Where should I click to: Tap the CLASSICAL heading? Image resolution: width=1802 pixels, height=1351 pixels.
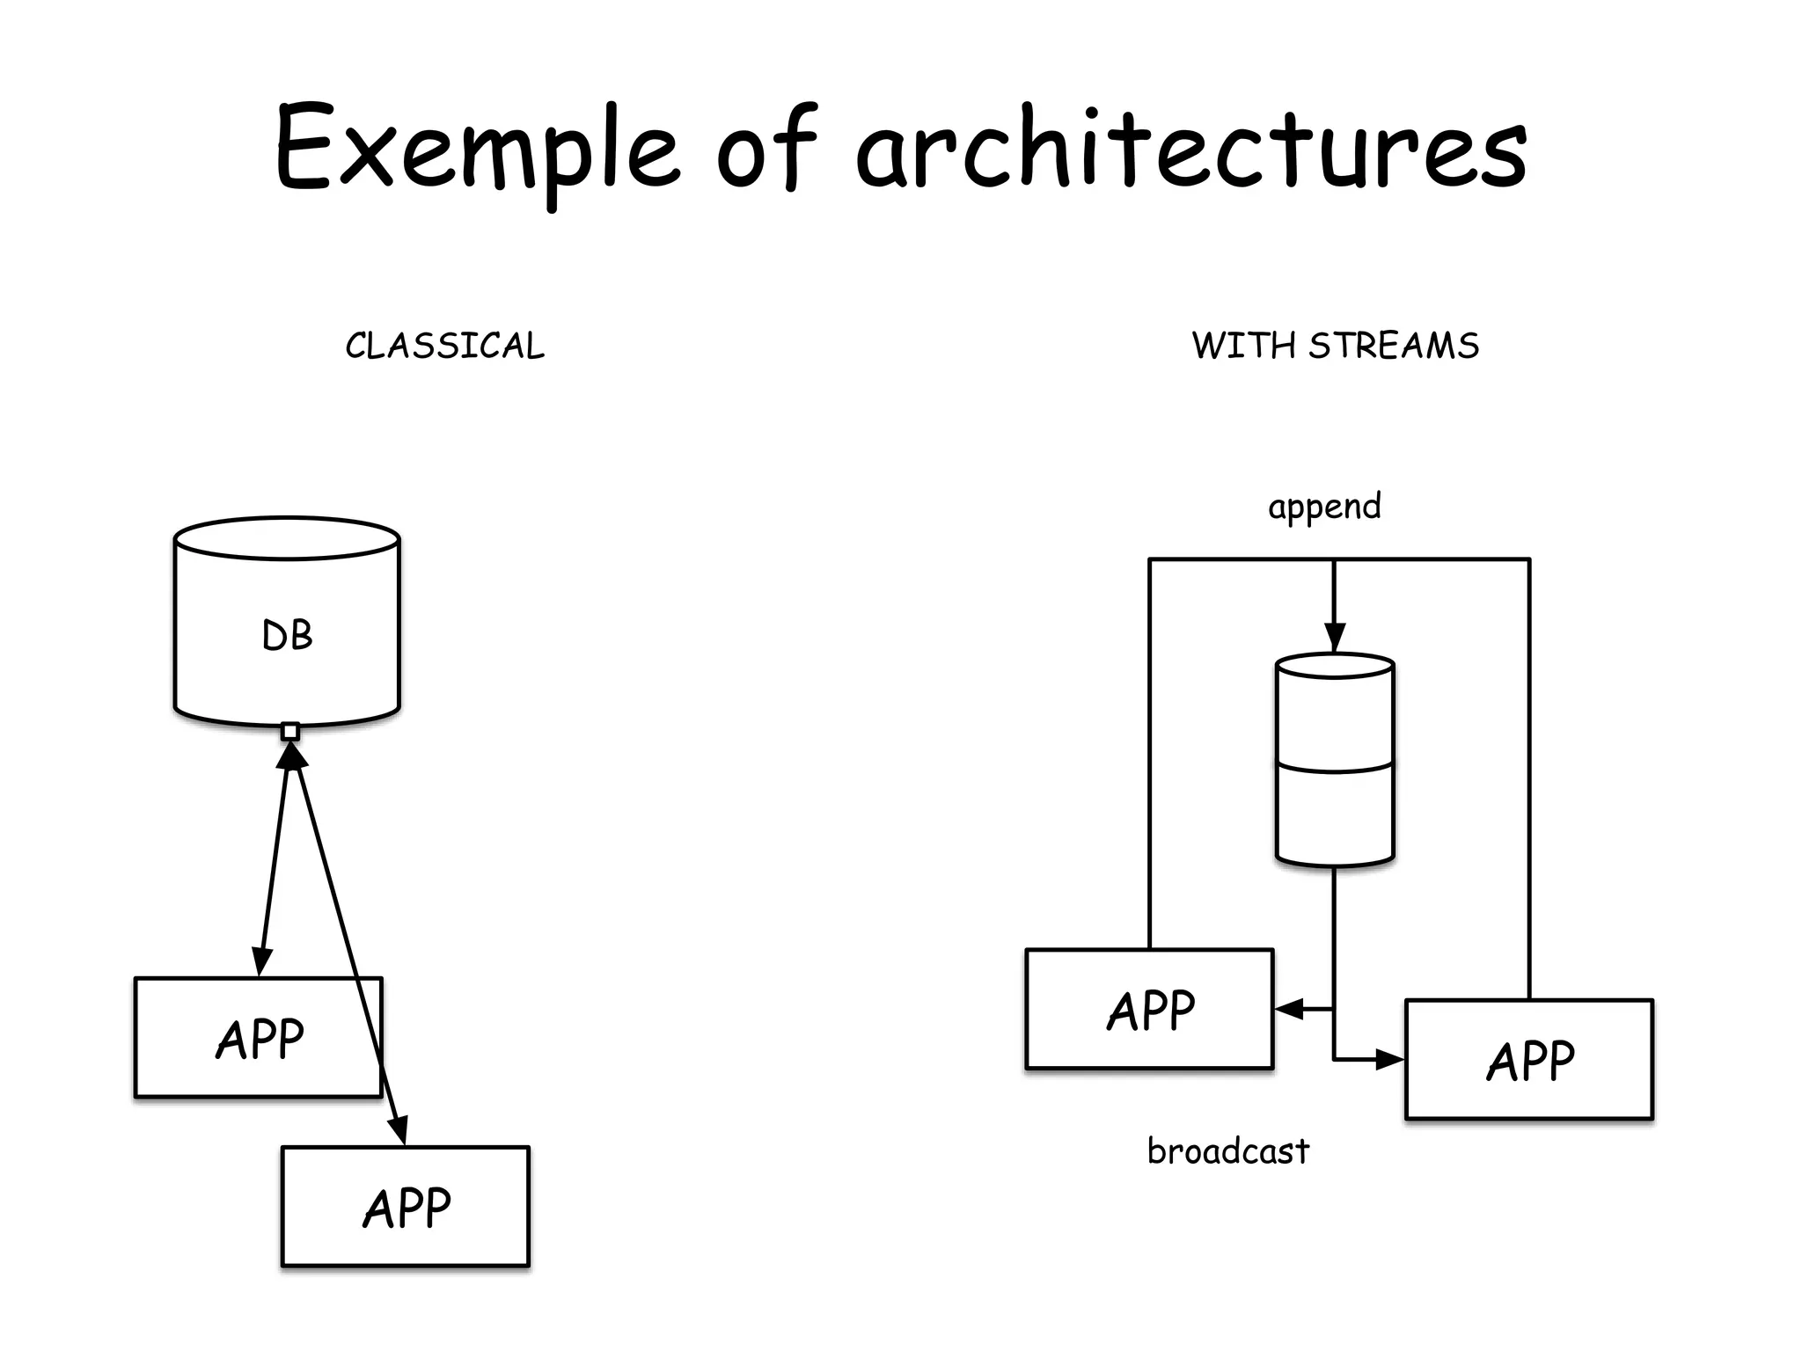click(x=444, y=346)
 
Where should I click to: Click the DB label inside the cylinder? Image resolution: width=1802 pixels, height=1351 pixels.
click(x=287, y=635)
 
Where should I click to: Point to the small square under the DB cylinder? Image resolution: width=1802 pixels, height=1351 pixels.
click(x=290, y=731)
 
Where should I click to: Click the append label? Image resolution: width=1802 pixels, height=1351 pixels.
click(x=1324, y=508)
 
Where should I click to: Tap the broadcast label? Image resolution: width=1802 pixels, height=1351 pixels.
click(x=1228, y=1151)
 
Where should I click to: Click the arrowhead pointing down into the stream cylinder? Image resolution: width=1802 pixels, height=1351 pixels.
click(x=1335, y=637)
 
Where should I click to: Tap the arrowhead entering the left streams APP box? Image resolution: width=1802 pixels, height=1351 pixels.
click(x=1288, y=1010)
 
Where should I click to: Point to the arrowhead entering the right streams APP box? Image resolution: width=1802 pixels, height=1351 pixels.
click(x=1390, y=1060)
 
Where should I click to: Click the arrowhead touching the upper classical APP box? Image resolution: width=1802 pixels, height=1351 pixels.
click(x=260, y=962)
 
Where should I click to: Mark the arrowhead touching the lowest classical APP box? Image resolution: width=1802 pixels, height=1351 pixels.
click(x=399, y=1130)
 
